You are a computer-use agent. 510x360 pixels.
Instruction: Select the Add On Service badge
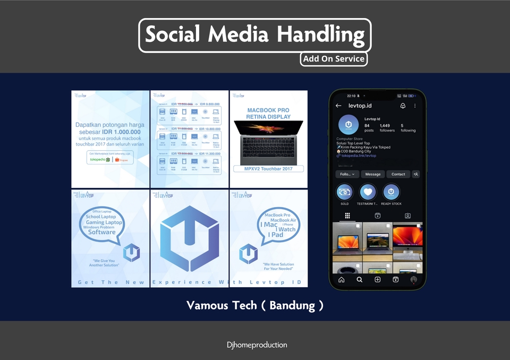[x=334, y=59]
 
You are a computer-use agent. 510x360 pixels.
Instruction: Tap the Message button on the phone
[x=373, y=174]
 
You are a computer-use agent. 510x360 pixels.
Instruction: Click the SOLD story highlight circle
[x=345, y=192]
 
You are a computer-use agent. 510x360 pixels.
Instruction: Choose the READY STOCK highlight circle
[x=392, y=192]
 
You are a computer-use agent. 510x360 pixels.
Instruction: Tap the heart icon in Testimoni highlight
[x=368, y=192]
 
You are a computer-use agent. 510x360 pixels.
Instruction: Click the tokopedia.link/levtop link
[x=359, y=156]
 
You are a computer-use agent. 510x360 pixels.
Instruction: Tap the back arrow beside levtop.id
[x=338, y=106]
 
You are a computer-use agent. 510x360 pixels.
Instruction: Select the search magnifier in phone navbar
[x=360, y=279]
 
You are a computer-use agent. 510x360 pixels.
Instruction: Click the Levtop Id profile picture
[x=348, y=125]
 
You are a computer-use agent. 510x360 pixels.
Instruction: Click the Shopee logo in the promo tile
[x=123, y=158]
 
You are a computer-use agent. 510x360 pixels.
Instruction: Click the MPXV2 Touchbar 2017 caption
[x=268, y=169]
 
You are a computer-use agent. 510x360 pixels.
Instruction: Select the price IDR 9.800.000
[x=209, y=104]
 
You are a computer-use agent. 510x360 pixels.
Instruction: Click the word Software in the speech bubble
[x=102, y=232]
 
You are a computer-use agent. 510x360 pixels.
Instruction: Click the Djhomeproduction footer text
[x=257, y=345]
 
